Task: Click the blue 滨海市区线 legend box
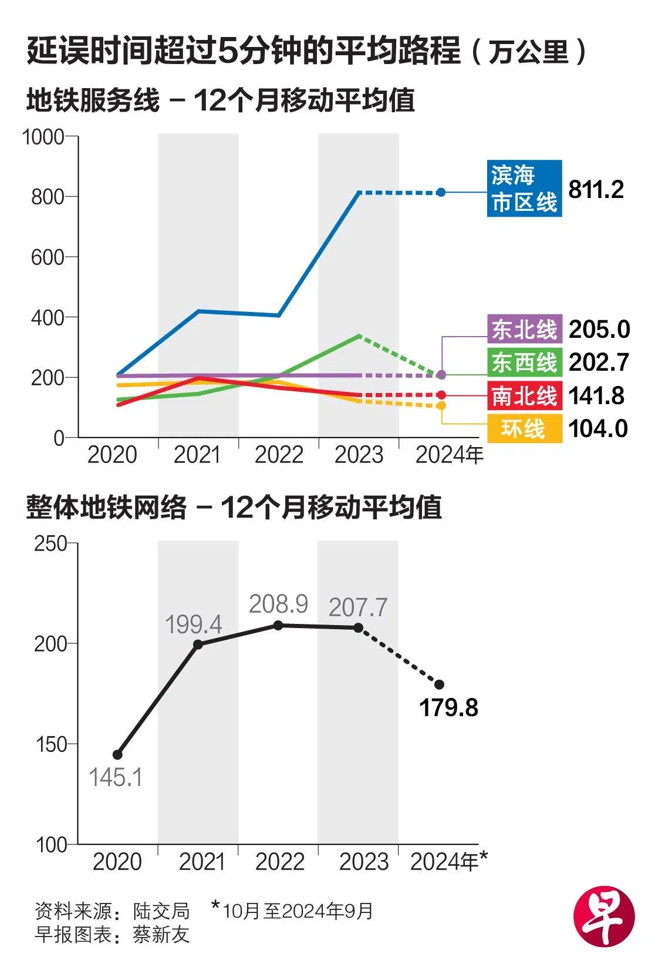(x=524, y=188)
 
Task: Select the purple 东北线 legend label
(x=524, y=329)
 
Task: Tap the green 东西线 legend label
(x=524, y=362)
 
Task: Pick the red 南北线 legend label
(x=524, y=395)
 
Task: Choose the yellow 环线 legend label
(x=524, y=428)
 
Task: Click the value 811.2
(x=596, y=189)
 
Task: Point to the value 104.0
(x=598, y=428)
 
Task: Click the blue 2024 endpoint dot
(x=441, y=192)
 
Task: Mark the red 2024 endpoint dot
(x=441, y=395)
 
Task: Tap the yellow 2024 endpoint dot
(x=441, y=405)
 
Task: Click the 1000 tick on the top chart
(x=43, y=137)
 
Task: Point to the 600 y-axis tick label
(x=48, y=257)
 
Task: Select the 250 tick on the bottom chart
(x=51, y=543)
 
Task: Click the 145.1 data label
(x=116, y=777)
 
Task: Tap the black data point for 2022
(x=278, y=625)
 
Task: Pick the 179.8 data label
(x=448, y=707)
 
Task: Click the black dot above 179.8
(x=439, y=684)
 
